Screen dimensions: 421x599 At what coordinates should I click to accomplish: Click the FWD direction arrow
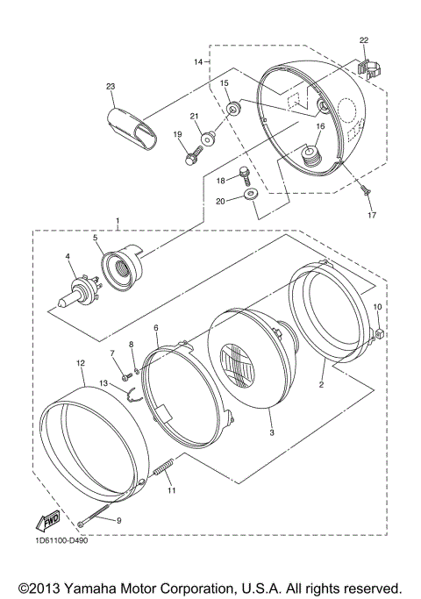(x=47, y=521)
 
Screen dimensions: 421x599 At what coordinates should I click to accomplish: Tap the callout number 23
(x=111, y=87)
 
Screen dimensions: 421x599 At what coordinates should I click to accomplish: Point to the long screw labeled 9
(x=94, y=515)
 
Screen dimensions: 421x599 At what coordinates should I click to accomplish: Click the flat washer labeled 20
(x=251, y=195)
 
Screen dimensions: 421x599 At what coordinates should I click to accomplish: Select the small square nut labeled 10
(x=379, y=333)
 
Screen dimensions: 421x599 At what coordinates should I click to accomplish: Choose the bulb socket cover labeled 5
(x=121, y=265)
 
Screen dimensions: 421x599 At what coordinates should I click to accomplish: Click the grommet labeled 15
(x=233, y=108)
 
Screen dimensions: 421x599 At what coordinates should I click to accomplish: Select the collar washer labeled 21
(x=209, y=139)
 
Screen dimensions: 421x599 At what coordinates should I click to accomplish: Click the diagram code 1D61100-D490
(x=60, y=540)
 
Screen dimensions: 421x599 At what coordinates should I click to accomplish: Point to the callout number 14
(x=198, y=62)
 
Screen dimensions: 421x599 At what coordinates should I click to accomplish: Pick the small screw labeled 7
(x=126, y=377)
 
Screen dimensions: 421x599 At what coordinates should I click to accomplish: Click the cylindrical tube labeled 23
(x=131, y=127)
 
